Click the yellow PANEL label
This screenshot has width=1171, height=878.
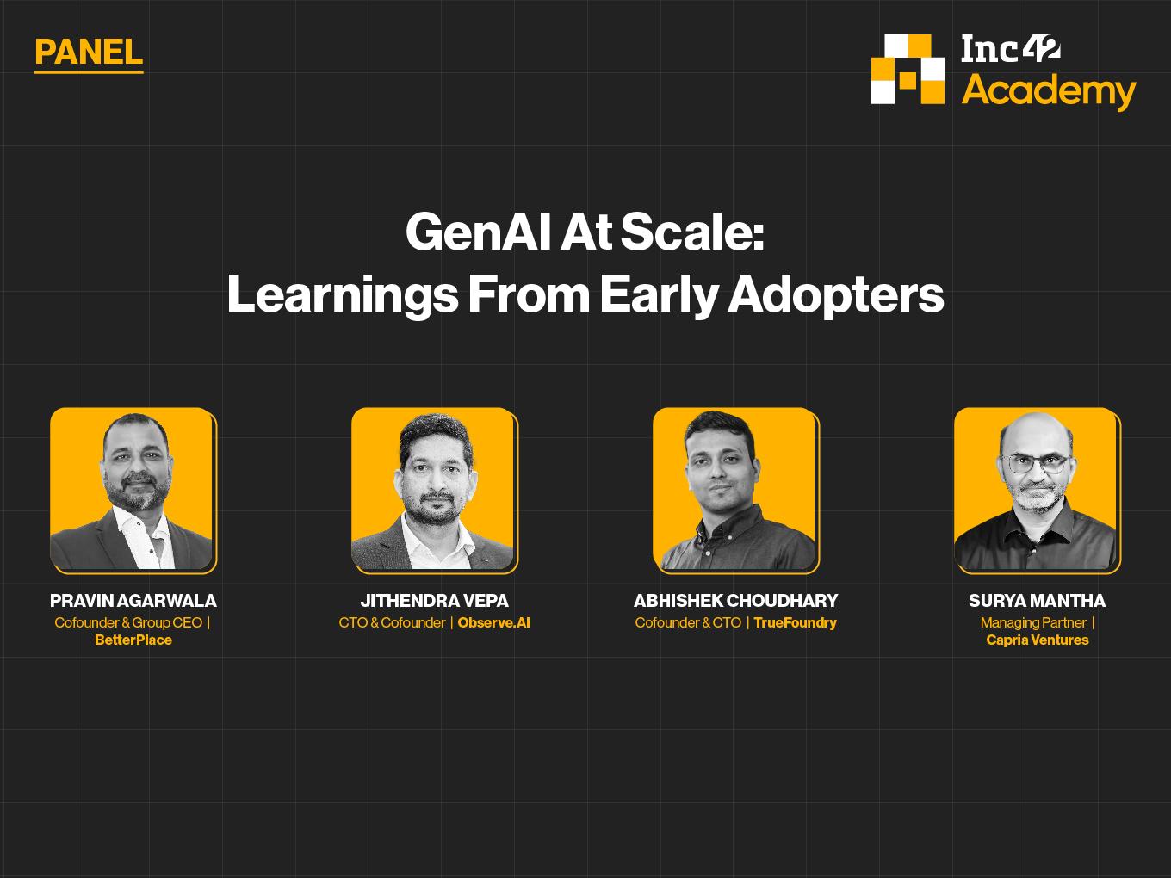pyautogui.click(x=89, y=52)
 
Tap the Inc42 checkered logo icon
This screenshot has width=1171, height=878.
pyautogui.click(x=908, y=69)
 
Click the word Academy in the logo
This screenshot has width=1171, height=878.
pyautogui.click(x=1049, y=92)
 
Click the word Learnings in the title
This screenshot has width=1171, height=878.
pyautogui.click(x=343, y=295)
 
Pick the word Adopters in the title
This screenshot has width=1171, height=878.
pyautogui.click(x=835, y=295)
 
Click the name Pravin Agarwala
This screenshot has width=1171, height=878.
pyautogui.click(x=133, y=601)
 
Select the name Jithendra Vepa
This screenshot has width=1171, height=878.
pyautogui.click(x=434, y=601)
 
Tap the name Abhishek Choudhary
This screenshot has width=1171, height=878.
pyautogui.click(x=735, y=601)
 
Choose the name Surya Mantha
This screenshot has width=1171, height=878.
pyautogui.click(x=1037, y=601)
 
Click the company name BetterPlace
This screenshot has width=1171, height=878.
pyautogui.click(x=133, y=640)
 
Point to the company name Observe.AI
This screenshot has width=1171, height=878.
pyautogui.click(x=494, y=622)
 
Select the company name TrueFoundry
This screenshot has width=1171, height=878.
pyautogui.click(x=795, y=623)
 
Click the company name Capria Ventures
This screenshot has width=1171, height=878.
pyautogui.click(x=1037, y=640)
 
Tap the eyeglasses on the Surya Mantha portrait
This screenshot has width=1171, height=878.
pyautogui.click(x=1036, y=463)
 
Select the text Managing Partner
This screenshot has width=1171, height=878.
pyautogui.click(x=1033, y=622)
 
